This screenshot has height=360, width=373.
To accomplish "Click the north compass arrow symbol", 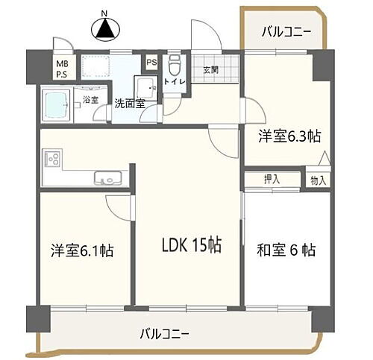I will (x=105, y=29).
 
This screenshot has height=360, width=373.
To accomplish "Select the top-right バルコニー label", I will (x=286, y=32).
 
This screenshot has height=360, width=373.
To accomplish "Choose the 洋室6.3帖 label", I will (x=289, y=136).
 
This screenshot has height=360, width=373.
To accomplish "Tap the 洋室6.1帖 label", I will (x=82, y=250).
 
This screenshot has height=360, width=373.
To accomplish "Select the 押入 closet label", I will (x=272, y=179).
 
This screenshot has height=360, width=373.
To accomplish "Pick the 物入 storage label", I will (x=319, y=180).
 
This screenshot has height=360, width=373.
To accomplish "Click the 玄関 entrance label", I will (x=210, y=70).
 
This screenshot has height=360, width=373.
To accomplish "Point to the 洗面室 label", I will (x=129, y=104).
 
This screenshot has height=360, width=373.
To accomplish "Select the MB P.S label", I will (x=63, y=69).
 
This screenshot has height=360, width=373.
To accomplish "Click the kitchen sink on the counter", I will (x=106, y=178).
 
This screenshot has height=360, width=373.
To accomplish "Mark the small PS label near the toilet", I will (x=151, y=62).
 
